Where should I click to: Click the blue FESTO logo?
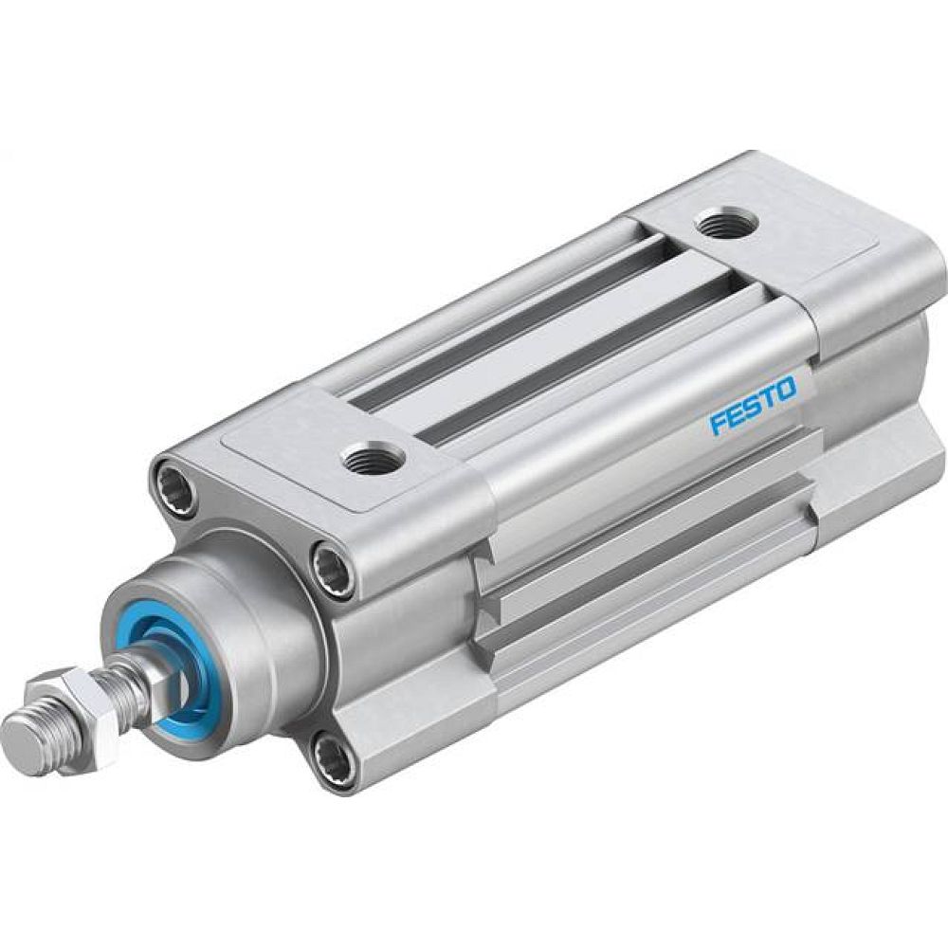[x=754, y=406]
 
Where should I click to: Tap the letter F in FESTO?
[x=718, y=423]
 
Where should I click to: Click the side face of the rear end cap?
[x=872, y=398]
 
